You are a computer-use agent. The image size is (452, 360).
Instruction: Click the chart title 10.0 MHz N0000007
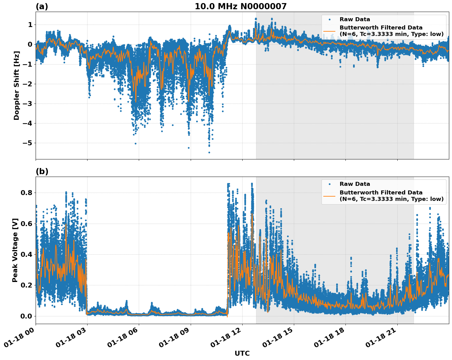(x=240, y=6)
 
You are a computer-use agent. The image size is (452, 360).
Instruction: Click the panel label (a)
(x=42, y=6)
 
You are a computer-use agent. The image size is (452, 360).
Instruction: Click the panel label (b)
(x=42, y=171)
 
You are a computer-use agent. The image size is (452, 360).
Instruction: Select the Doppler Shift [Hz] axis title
(x=17, y=85)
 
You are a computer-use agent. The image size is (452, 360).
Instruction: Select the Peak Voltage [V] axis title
(x=15, y=250)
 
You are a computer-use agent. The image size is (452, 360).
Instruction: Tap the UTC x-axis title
(x=242, y=353)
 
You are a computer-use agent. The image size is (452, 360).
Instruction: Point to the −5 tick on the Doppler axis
(x=27, y=143)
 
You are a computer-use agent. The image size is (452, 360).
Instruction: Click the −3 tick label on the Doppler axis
(x=27, y=104)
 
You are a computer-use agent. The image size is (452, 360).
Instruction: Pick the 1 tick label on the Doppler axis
(x=30, y=25)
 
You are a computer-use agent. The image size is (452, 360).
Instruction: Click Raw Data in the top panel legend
(x=355, y=19)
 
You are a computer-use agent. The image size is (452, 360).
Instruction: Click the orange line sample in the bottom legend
(x=329, y=196)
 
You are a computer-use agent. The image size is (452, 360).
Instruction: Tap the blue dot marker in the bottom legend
(x=329, y=184)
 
